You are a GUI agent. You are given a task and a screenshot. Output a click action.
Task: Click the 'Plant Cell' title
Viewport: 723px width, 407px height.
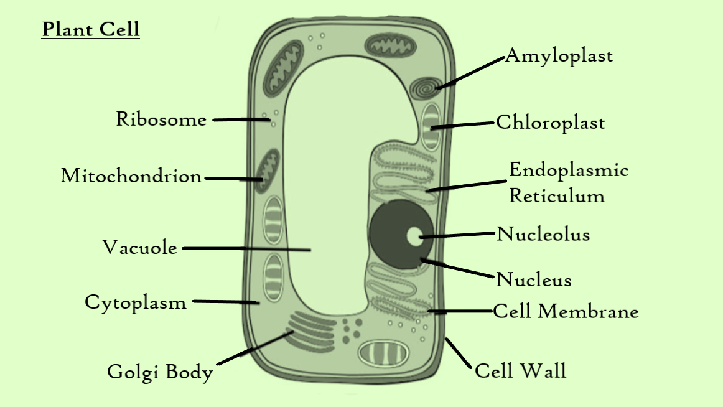tap(91, 29)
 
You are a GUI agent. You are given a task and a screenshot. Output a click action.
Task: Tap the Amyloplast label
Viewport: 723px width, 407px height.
tap(559, 56)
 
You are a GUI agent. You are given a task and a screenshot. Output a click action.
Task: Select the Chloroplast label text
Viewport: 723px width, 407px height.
tap(550, 123)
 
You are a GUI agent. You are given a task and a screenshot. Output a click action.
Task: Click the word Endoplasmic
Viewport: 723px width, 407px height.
tap(569, 170)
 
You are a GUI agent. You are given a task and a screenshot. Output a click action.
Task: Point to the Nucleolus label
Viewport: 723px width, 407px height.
tap(543, 235)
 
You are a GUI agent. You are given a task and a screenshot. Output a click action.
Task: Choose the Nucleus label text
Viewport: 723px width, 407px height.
tap(533, 280)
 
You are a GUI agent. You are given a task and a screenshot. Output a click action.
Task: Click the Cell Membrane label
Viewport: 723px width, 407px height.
tap(566, 311)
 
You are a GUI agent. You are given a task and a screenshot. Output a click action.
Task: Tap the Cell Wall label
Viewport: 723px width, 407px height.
tap(520, 372)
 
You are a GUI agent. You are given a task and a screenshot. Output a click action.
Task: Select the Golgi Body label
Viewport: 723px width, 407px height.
tap(160, 372)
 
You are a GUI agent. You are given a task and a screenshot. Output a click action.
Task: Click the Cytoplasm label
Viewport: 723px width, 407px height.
tap(136, 302)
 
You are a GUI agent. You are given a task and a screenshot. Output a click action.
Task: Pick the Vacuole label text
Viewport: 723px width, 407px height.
tap(140, 248)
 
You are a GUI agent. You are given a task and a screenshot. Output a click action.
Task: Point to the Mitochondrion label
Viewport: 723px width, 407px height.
tap(131, 176)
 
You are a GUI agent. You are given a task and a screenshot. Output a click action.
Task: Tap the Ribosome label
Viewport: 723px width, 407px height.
tap(161, 119)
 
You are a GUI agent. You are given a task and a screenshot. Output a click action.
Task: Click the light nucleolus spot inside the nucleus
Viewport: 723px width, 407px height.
tap(414, 236)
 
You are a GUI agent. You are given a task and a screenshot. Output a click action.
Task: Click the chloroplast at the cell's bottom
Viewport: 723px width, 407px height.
tap(384, 353)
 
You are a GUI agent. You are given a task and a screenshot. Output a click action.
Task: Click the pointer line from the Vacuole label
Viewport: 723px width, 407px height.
tap(246, 249)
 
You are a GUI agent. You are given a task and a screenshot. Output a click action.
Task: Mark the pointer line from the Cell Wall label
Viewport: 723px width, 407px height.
tap(458, 353)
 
